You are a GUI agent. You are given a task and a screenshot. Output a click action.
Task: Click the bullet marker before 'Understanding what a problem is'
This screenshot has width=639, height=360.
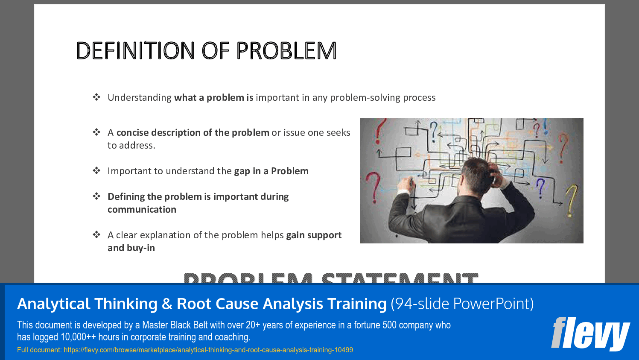[96, 97]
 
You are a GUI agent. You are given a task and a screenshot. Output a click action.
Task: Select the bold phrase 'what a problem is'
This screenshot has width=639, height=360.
[213, 98]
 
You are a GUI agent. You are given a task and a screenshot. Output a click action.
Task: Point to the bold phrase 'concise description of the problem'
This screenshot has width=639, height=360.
[193, 133]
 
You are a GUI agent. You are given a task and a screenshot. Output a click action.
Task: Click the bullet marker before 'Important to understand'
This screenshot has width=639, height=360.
[96, 171]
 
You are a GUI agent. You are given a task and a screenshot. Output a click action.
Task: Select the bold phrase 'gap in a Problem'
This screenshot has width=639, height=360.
[271, 171]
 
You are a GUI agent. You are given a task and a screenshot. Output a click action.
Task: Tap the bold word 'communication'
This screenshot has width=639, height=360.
[142, 210]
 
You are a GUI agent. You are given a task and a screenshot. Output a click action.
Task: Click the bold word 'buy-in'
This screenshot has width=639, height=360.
[140, 248]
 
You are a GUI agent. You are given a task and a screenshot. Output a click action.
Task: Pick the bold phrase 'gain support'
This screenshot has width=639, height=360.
[314, 235]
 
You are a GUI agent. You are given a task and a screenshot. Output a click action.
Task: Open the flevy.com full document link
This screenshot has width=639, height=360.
[208, 350]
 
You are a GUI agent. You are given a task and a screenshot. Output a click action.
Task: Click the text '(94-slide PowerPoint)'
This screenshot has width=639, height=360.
[462, 304]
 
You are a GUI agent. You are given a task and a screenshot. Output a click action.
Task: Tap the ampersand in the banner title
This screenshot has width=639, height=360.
[167, 304]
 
